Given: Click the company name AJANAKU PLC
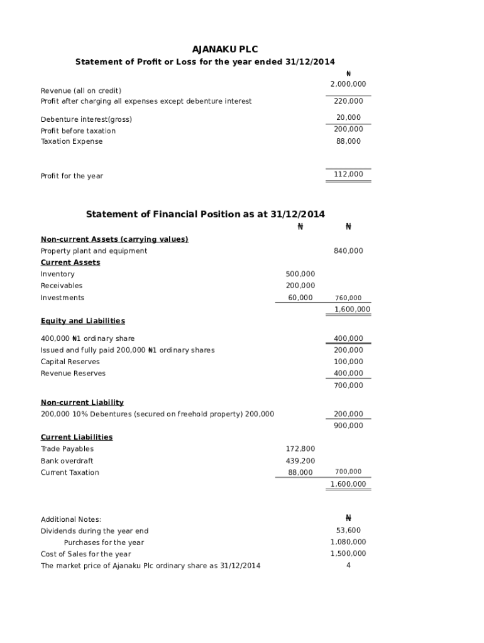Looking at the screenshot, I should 225,49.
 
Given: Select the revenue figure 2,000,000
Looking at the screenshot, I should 348,84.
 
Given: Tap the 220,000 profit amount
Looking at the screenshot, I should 348,101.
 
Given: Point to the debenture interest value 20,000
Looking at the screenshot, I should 348,117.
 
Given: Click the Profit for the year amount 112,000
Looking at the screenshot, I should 348,175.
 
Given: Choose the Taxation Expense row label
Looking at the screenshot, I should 72,142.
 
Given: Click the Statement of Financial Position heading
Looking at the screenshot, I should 205,214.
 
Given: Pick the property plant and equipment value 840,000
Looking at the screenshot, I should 348,251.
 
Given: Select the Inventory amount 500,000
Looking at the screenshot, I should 300,274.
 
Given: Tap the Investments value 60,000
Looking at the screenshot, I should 300,298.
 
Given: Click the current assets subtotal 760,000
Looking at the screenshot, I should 348,298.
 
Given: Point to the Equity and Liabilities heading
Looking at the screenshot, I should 83,321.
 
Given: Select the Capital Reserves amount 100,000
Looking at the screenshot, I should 348,362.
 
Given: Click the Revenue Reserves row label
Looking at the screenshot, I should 73,374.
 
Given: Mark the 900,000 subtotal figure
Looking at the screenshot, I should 348,426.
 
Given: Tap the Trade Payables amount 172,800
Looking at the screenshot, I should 300,449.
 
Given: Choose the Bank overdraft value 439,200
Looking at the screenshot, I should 300,461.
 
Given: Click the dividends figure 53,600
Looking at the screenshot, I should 348,531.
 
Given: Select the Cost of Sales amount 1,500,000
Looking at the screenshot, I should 348,554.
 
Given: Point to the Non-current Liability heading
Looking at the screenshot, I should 82,403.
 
